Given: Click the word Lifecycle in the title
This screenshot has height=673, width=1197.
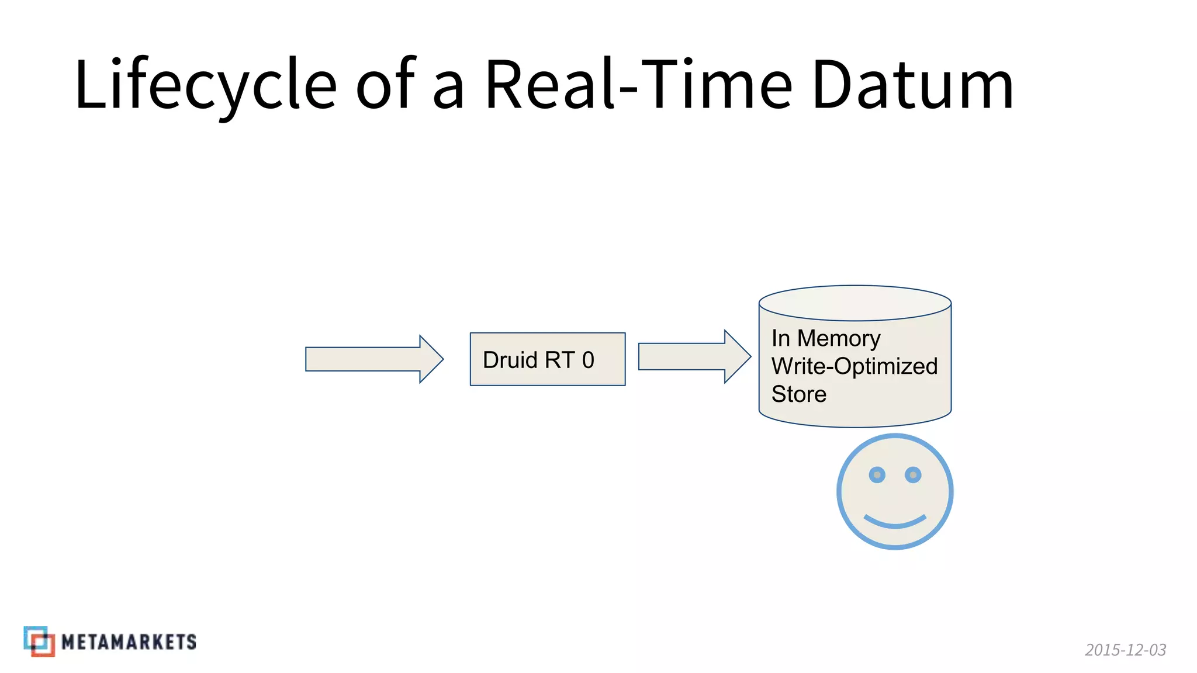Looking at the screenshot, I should [205, 85].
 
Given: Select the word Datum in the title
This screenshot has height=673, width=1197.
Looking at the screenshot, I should [912, 85].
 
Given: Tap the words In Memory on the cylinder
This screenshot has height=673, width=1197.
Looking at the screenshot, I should [825, 338].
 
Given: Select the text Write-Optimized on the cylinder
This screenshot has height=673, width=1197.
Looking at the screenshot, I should [854, 366].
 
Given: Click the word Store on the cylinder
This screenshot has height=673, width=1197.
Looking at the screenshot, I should [798, 394].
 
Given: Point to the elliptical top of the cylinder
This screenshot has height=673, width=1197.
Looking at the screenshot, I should [854, 303].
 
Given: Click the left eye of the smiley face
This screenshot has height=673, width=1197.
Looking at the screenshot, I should [877, 475].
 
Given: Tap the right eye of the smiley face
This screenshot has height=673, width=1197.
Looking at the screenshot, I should [913, 475].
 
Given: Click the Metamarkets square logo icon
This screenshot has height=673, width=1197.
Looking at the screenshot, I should [39, 641].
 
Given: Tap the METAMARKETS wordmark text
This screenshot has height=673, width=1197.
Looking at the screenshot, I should [129, 642].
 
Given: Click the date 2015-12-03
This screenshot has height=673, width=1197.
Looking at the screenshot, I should [1125, 650].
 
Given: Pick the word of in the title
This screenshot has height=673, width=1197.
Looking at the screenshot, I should [386, 85].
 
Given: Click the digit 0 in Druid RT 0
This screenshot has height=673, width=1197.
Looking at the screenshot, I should [588, 360].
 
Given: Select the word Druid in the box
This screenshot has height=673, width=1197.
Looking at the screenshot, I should [510, 360].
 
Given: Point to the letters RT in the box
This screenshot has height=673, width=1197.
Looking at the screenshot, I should [559, 360].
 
